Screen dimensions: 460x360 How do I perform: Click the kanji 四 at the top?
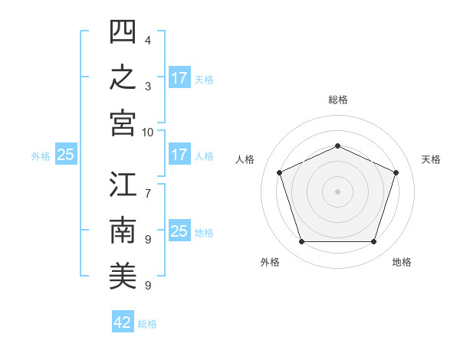coord(123,31)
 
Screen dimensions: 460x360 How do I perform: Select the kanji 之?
coord(123,77)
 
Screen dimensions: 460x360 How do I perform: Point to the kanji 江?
coord(123,184)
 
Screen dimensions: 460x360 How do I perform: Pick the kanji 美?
coord(123,276)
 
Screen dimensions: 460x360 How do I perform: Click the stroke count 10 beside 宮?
coord(147,133)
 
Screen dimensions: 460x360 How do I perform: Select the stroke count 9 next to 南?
coord(148,240)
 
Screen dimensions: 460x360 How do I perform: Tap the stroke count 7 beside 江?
coord(148,194)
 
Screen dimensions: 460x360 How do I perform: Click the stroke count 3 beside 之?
coord(148,87)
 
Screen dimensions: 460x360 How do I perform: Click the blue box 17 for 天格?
coord(180,77)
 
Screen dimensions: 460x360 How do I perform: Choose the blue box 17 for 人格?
coord(180,154)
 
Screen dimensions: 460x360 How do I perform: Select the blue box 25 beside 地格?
coord(180,230)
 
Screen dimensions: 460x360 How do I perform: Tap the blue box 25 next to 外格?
coord(66,154)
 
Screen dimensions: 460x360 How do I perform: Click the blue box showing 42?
coord(123,321)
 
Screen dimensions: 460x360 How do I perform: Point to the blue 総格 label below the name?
coord(147,324)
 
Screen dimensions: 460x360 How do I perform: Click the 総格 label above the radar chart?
coord(338,100)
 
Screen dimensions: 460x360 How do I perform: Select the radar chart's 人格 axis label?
coord(245,159)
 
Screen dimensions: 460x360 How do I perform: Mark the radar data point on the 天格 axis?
coord(396,172)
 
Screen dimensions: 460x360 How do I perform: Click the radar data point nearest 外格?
coord(302,242)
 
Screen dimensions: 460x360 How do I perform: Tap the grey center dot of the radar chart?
coord(337,191)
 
